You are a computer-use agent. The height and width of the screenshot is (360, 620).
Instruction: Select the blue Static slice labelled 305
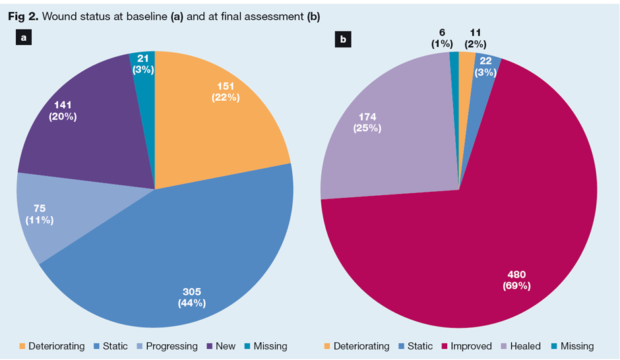[198, 264]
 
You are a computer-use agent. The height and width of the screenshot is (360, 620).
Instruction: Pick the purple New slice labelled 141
[86, 125]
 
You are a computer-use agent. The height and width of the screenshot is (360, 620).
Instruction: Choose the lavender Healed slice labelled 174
[383, 132]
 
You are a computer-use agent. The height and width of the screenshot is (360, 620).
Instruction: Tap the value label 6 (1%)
[442, 38]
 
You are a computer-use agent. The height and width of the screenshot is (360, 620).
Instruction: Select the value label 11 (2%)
[476, 38]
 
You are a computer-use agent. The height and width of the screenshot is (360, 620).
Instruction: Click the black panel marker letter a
[24, 38]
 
